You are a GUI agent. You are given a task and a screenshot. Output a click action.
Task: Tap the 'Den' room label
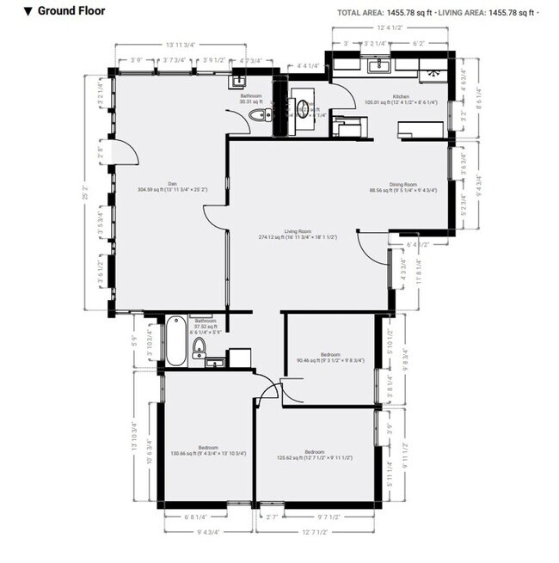coord(172,182)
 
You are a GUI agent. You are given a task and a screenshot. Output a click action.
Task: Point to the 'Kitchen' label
coord(401,96)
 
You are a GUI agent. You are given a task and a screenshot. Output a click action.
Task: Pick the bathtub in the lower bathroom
coord(175,341)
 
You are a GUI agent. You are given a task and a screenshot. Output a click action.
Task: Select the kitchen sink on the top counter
coord(376,65)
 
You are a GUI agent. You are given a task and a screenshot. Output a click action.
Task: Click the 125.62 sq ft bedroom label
coord(313,451)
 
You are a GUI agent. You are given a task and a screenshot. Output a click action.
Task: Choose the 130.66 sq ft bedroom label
coord(208,447)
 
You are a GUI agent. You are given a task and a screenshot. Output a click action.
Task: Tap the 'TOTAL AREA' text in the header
coord(360,12)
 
